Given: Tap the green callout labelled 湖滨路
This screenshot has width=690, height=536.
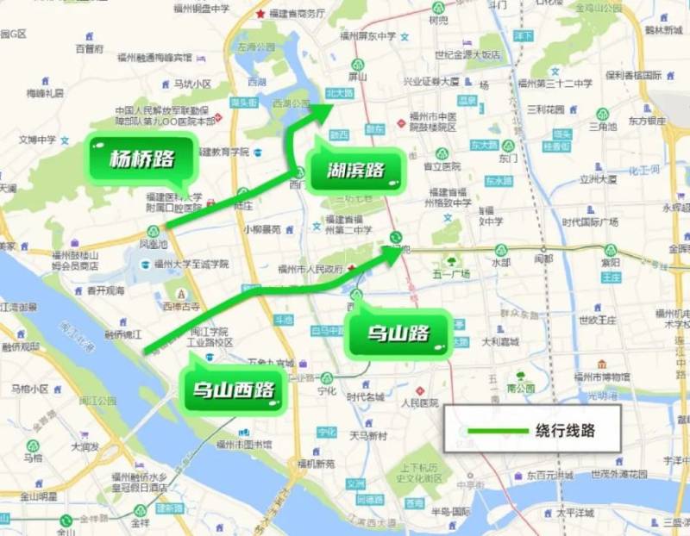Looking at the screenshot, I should coord(354,171).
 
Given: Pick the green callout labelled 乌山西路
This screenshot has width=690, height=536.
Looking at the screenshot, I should coord(234,393).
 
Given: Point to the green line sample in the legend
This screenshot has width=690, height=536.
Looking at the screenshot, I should coord(495,430).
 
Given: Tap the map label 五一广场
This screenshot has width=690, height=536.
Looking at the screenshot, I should coord(450,274).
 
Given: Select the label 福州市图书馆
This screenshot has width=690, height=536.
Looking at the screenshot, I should coord(244,445).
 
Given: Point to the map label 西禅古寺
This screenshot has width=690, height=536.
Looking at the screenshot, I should coord(181,306).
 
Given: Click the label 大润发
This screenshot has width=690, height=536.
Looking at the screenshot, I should coord(86,446).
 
